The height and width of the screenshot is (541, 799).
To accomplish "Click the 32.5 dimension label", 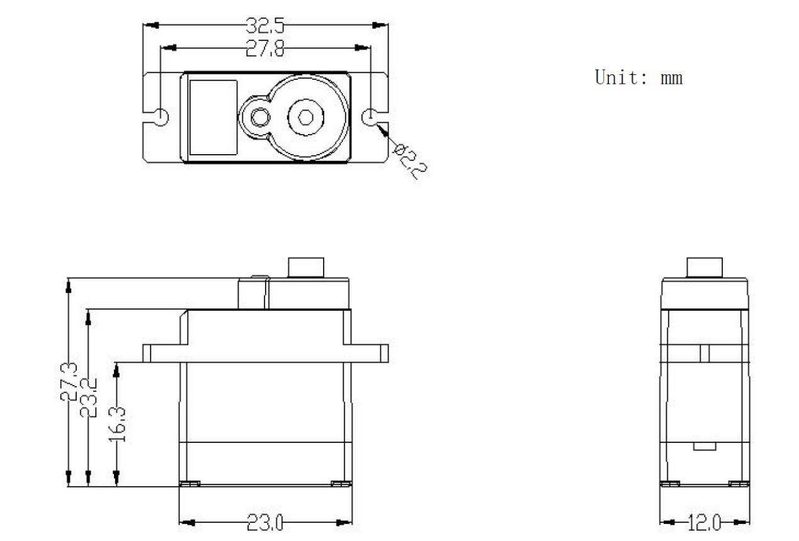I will pyautogui.click(x=265, y=26).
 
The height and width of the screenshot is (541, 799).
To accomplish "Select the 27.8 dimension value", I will pyautogui.click(x=265, y=48).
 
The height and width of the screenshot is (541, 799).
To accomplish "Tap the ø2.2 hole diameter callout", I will pyautogui.click(x=410, y=161).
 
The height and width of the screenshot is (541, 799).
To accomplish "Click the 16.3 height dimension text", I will pyautogui.click(x=118, y=425).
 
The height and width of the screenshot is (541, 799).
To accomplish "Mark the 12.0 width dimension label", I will pyautogui.click(x=705, y=523).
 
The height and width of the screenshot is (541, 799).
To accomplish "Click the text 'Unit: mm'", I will pyautogui.click(x=638, y=78).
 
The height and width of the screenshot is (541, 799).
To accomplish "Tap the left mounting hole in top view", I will pyautogui.click(x=161, y=117).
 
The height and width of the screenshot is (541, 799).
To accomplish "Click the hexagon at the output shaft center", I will pyautogui.click(x=305, y=117).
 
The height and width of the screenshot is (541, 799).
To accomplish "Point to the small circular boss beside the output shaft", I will pyautogui.click(x=259, y=117).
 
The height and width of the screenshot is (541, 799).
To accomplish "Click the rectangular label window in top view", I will pyautogui.click(x=213, y=117).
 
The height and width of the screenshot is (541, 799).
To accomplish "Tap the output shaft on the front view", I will pyautogui.click(x=305, y=267).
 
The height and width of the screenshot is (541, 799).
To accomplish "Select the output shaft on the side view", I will pyautogui.click(x=705, y=267).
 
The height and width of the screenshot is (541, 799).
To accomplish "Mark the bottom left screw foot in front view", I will pyautogui.click(x=190, y=483).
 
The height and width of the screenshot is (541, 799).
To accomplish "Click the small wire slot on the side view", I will pyautogui.click(x=705, y=447).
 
